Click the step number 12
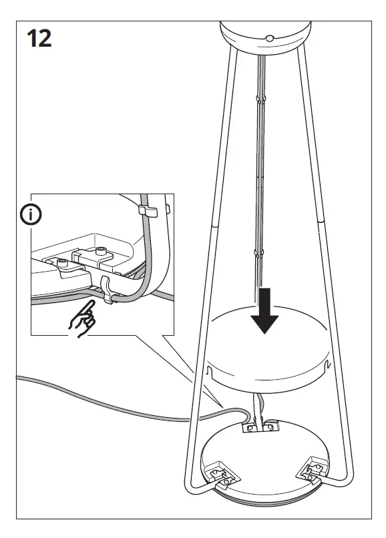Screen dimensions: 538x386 pos(39,38)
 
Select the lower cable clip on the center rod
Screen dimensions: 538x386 pos(258,253)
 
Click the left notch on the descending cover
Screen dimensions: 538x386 pos(209,368)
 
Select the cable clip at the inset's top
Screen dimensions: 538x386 pos(146,210)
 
